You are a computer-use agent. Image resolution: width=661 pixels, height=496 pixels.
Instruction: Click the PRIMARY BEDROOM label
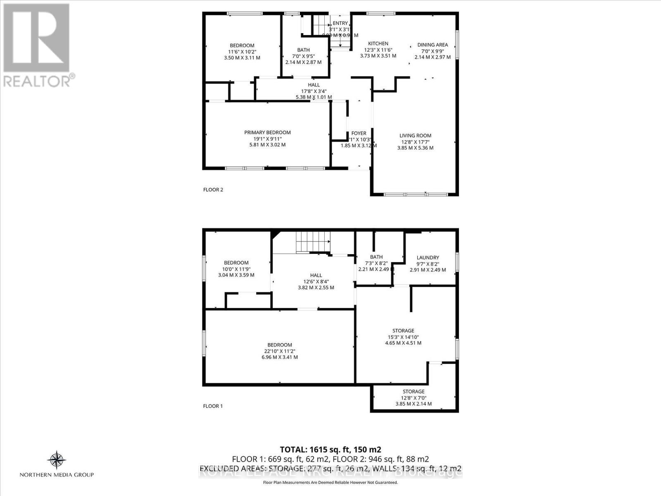[267, 133]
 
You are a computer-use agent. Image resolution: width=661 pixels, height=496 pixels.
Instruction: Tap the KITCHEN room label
[378, 43]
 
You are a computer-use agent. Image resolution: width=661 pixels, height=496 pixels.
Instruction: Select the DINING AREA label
[432, 45]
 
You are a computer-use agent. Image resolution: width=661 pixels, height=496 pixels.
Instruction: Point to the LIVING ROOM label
[415, 136]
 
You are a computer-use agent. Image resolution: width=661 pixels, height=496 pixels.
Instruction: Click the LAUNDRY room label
[428, 258]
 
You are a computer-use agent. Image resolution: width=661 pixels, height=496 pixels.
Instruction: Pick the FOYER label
[359, 134]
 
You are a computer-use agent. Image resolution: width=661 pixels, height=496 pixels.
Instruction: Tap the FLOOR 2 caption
[213, 190]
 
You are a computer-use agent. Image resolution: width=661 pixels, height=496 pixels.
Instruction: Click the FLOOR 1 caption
[213, 406]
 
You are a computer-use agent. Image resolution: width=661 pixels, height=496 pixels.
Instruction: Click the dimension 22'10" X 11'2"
[280, 351]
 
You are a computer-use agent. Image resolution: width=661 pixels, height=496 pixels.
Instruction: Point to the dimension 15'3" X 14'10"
[403, 336]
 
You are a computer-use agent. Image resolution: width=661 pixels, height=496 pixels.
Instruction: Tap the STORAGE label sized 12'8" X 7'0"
[414, 391]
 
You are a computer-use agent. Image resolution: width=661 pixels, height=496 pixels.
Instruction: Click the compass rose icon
[57, 460]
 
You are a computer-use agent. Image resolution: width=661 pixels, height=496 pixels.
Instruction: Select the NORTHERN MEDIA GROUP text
[57, 475]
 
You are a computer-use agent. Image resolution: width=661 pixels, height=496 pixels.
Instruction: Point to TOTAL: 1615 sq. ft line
[330, 450]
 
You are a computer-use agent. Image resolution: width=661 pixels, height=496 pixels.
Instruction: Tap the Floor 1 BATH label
[376, 257]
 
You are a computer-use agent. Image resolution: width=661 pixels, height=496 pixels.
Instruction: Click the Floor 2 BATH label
[303, 50]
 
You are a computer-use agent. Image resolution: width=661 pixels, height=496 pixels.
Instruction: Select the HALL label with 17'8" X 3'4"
[314, 85]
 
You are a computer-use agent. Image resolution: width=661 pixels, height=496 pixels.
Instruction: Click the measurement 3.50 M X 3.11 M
[242, 58]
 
